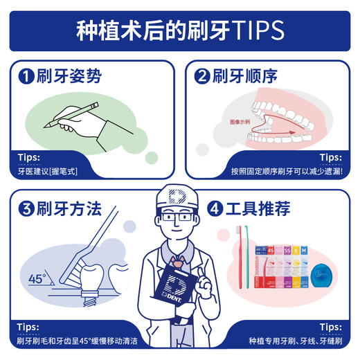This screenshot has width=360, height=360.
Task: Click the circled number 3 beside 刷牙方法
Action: pos(26,208)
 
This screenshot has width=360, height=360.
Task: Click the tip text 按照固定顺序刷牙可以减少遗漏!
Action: pos(285,170)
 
